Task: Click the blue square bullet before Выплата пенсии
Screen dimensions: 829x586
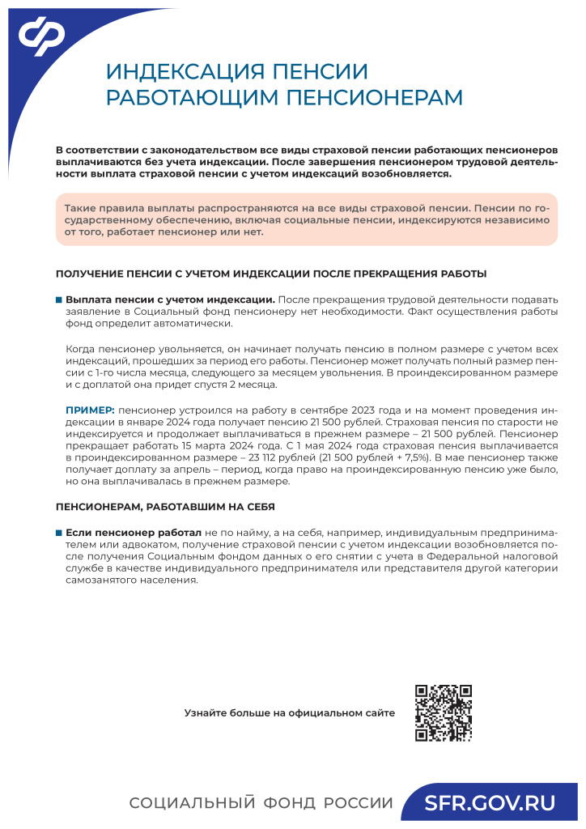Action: click(x=59, y=300)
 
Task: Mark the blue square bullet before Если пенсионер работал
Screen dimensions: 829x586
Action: click(x=59, y=534)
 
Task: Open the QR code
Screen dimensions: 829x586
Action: click(x=443, y=713)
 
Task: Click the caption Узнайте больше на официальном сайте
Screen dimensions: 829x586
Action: click(x=290, y=713)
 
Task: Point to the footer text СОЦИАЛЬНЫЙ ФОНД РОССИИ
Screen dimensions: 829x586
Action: click(x=261, y=803)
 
